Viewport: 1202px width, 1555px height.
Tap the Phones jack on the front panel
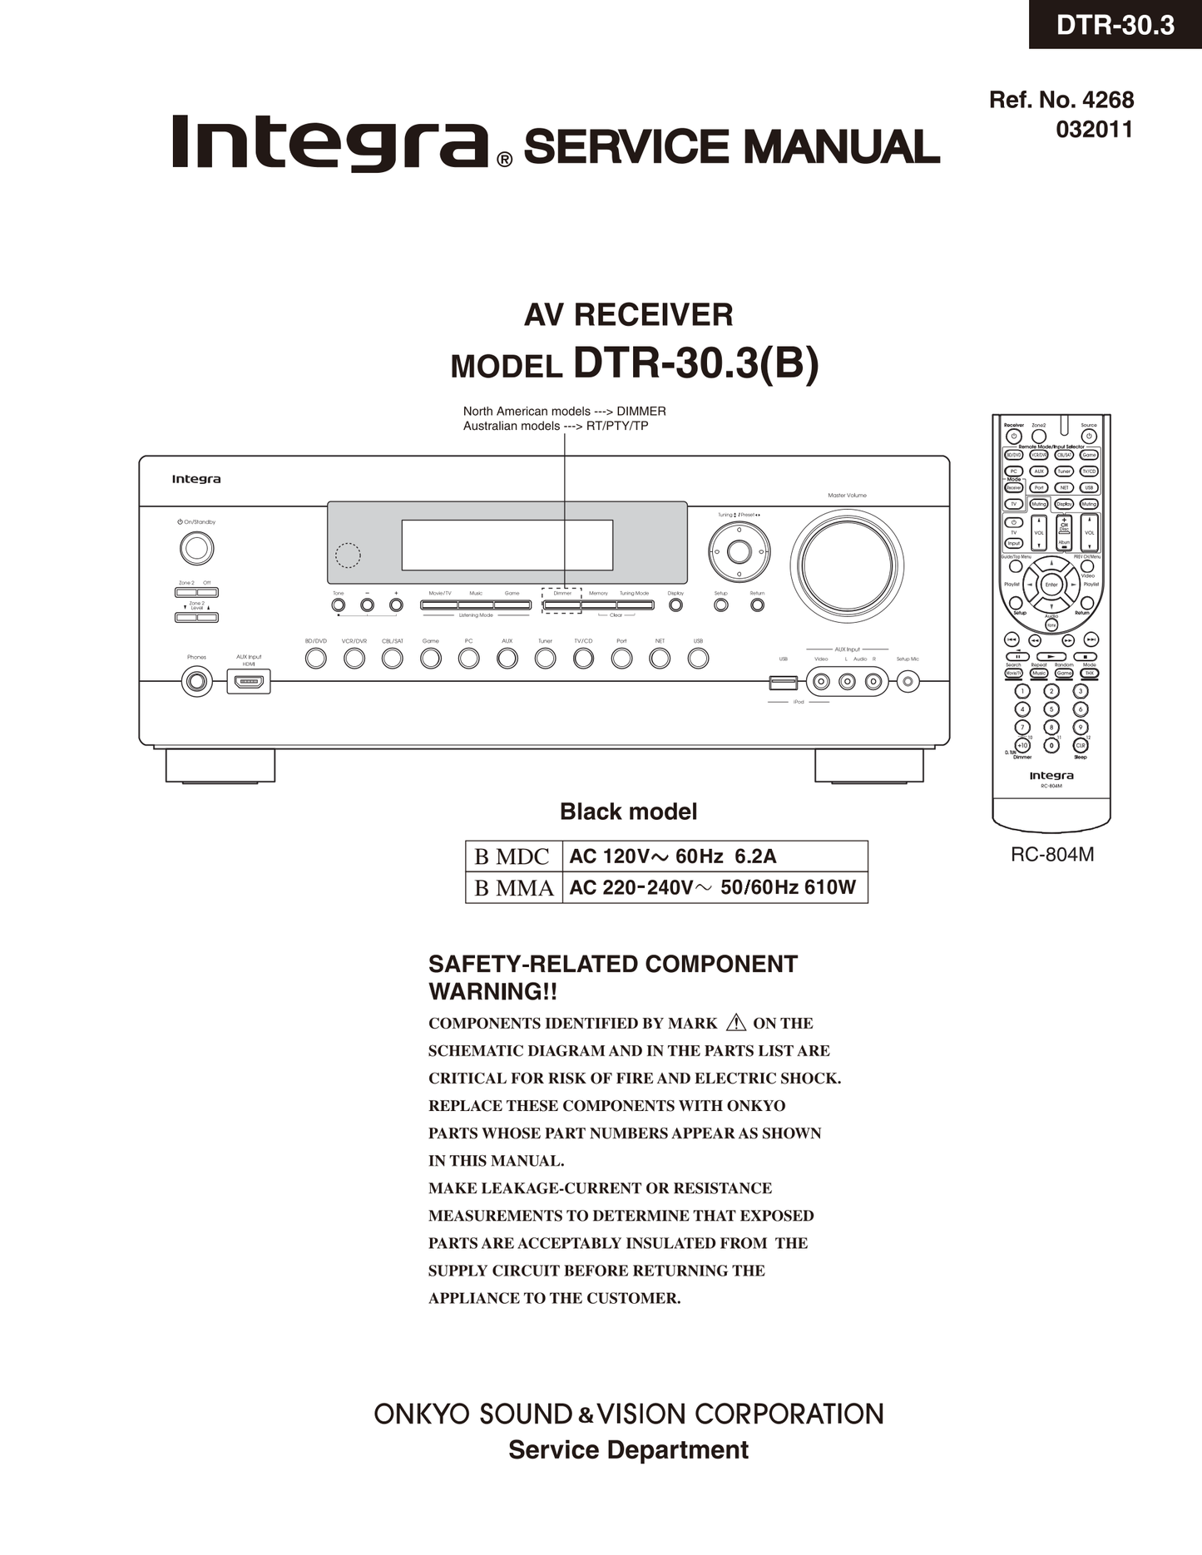coord(197,682)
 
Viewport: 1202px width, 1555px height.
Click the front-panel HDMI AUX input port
coord(249,683)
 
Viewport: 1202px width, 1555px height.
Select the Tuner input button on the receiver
coord(545,659)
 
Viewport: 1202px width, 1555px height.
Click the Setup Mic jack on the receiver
coord(908,683)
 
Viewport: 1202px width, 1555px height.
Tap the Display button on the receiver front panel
coord(675,605)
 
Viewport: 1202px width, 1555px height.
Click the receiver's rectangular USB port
coord(784,683)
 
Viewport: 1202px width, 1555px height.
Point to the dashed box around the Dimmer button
coord(561,601)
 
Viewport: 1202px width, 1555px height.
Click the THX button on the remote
coord(1089,674)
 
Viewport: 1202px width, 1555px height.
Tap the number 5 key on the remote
coord(1051,709)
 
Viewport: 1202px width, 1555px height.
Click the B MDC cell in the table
coord(512,856)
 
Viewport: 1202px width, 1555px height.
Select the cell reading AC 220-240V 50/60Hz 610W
coord(713,887)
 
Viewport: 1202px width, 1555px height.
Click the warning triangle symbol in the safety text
coord(735,1023)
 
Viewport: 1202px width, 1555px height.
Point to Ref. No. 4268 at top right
coord(1061,100)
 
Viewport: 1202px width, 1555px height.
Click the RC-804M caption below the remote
coord(1051,855)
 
